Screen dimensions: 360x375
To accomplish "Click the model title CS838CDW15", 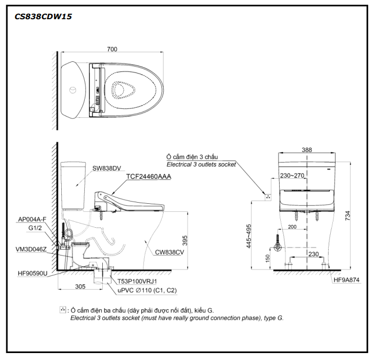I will point(43,17).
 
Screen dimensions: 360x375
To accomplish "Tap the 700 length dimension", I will point(112,49).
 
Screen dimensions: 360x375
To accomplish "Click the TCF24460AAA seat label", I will point(149,177).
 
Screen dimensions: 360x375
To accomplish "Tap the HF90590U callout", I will point(32,273).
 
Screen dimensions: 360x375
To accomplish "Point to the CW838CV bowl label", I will point(169,252).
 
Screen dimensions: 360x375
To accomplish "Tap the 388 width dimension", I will point(307,150).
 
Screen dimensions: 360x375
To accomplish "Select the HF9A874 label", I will point(347,279).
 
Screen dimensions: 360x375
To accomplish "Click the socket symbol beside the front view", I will point(268,196).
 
